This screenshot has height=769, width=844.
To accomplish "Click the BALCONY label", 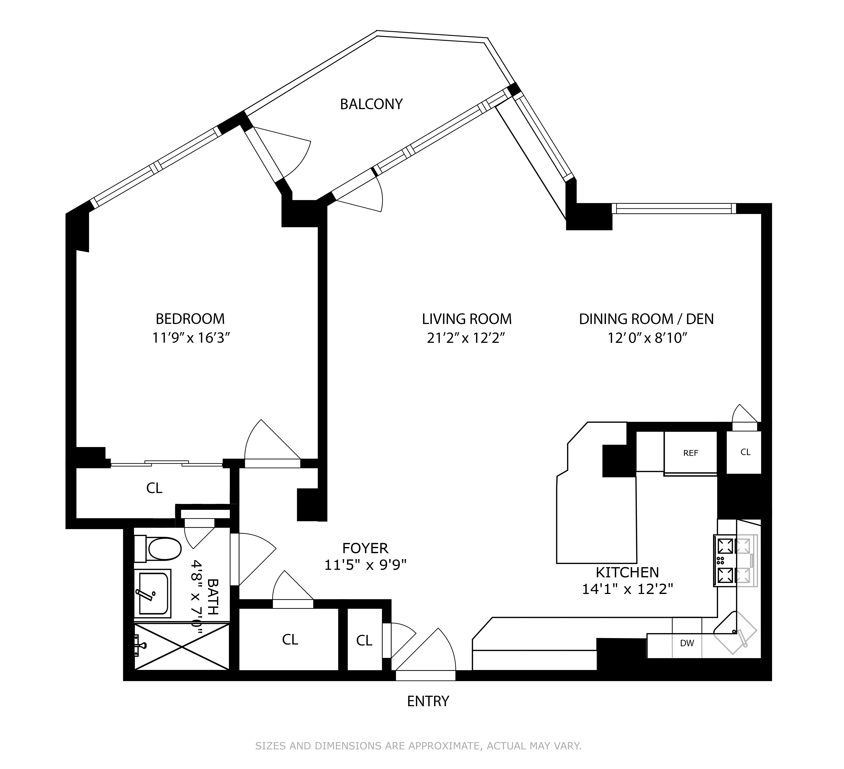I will pos(371,104).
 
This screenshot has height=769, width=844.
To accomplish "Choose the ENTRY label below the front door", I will pos(428,701).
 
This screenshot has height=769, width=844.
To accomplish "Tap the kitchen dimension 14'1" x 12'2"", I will pos(627,589).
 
